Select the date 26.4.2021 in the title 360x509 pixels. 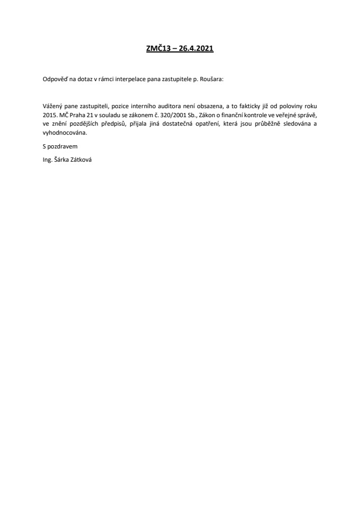click(x=196, y=48)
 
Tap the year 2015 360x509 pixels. click(x=50, y=115)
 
